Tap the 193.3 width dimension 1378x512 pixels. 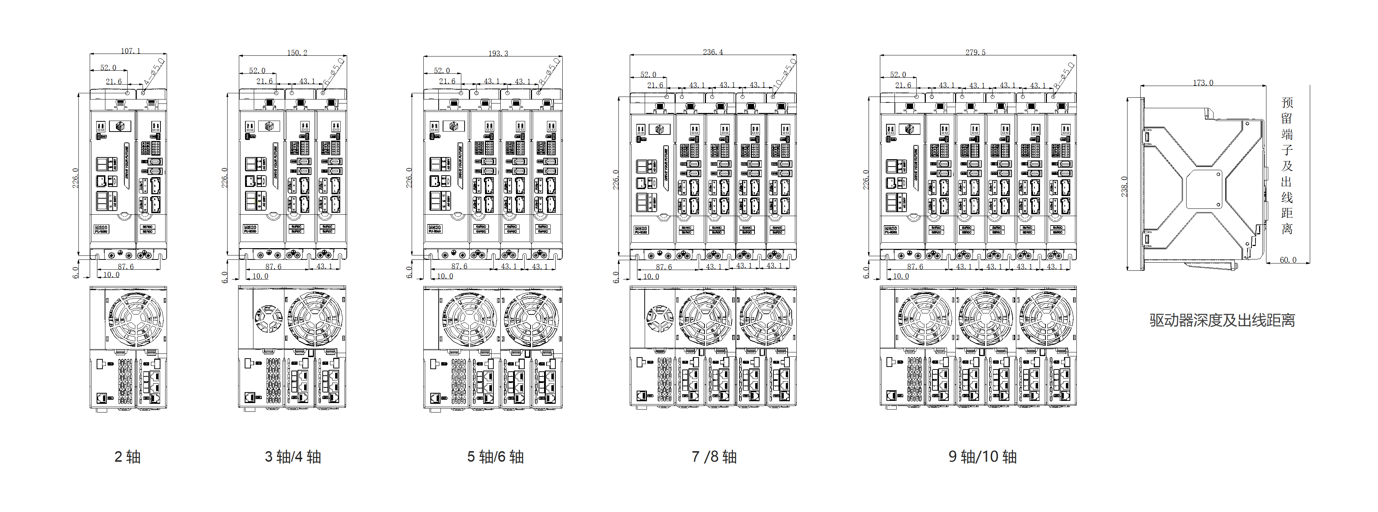point(498,53)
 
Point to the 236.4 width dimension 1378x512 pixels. point(713,52)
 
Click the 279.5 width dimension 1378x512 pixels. point(975,52)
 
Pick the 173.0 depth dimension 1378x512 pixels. point(1203,82)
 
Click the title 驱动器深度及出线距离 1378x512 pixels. point(1222,320)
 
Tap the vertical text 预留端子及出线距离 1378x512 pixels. point(1287,166)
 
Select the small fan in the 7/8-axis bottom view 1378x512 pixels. point(660,319)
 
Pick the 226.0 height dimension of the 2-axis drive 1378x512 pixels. point(75,178)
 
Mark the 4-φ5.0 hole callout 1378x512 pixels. point(155,72)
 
